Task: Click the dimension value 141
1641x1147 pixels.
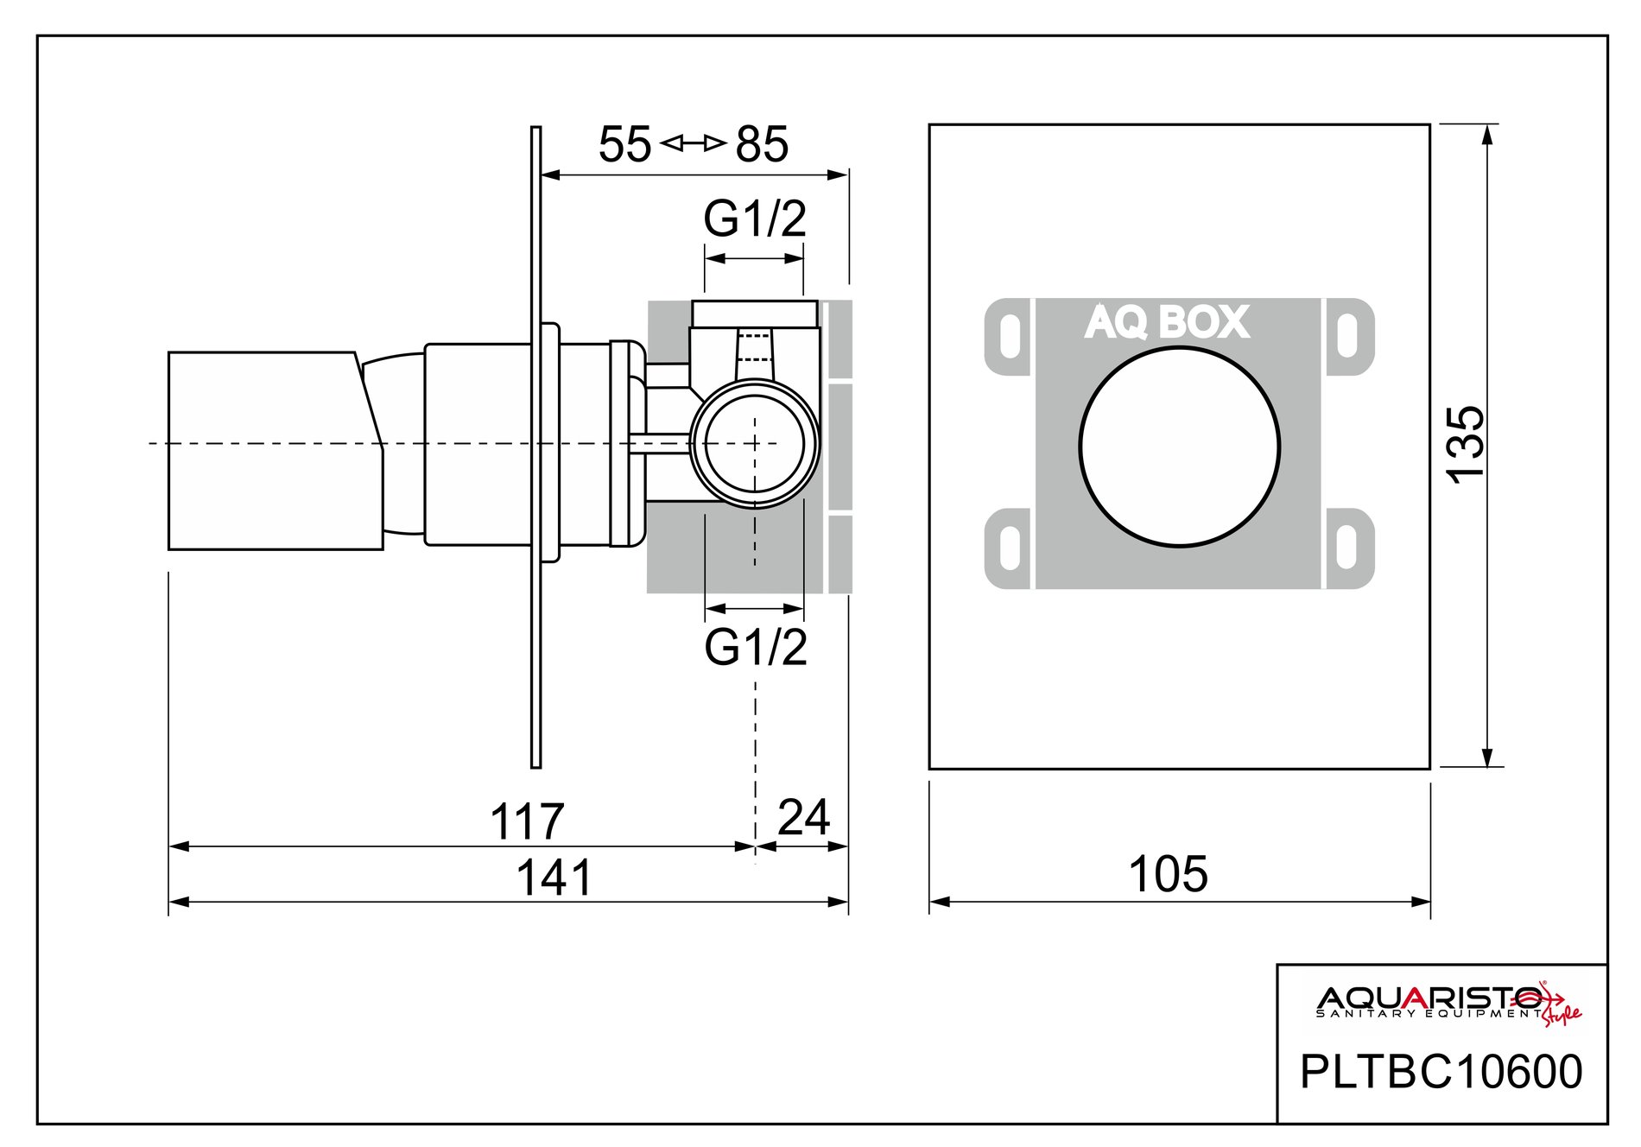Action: tap(554, 878)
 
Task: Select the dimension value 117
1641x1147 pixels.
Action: tap(527, 821)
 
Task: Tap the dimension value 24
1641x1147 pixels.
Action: tap(803, 816)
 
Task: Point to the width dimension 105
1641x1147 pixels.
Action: tap(1168, 874)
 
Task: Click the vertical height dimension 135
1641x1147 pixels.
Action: tap(1466, 444)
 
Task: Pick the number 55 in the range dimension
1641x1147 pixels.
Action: tap(624, 144)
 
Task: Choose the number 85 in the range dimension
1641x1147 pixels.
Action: tap(762, 144)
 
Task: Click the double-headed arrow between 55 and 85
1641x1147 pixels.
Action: tap(693, 143)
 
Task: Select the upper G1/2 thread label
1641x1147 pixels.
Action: tap(755, 219)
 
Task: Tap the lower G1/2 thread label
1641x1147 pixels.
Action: tap(756, 647)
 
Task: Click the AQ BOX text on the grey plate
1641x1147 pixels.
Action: tap(1167, 322)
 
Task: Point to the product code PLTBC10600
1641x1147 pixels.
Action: tap(1441, 1072)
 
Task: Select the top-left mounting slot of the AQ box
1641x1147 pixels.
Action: tap(1008, 336)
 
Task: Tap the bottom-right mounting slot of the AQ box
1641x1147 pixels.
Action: tap(1346, 548)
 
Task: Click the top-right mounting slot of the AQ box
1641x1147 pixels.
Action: tap(1346, 336)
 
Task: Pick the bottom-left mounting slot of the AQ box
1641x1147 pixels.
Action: tap(1008, 548)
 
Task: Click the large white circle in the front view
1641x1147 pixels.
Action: tap(1179, 447)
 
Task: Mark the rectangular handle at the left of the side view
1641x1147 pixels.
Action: tap(274, 450)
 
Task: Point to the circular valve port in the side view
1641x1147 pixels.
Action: tap(754, 443)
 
